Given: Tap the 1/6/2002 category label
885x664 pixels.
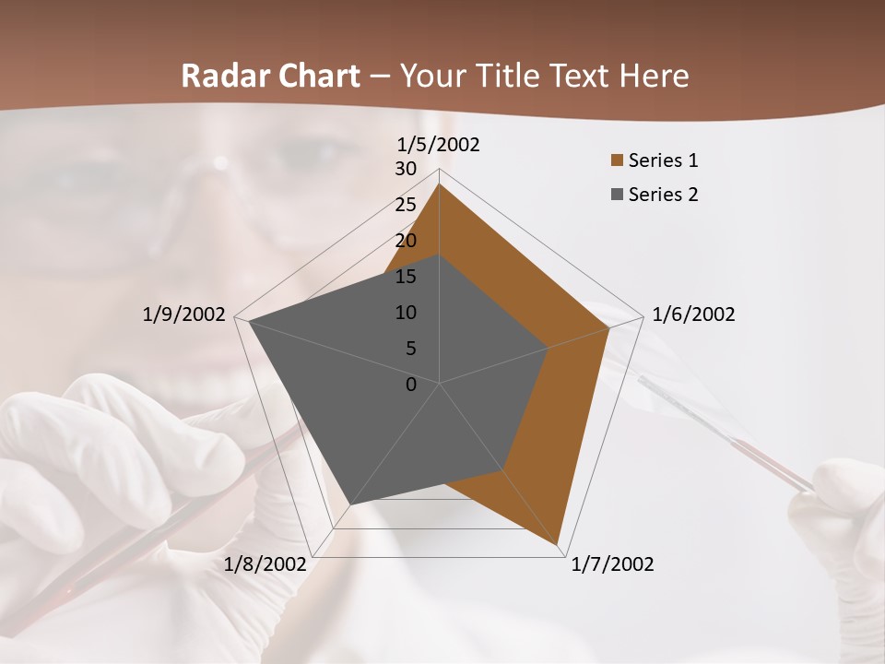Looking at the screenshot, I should (693, 314).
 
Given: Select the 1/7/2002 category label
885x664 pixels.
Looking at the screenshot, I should (612, 564).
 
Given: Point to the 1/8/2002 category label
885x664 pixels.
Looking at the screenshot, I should (265, 564).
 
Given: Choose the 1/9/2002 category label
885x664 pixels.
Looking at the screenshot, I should (184, 314).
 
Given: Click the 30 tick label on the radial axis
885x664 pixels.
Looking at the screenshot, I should (406, 169).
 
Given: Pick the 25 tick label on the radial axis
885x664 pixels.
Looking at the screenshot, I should (406, 205).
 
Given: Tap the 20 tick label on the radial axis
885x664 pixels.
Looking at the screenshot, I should (406, 241).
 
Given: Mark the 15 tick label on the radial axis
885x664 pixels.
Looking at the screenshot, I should (406, 277).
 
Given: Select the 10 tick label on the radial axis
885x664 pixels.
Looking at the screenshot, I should (406, 313).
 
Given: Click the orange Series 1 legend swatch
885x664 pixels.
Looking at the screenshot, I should (617, 160).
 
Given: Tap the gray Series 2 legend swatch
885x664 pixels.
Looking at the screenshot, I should (617, 195).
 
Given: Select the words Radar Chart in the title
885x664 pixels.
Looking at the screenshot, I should (270, 76).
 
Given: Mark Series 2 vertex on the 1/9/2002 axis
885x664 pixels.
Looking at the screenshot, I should (249, 321).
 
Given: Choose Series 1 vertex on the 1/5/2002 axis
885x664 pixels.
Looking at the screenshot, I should (440, 184).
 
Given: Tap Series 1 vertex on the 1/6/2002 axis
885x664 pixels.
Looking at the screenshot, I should (609, 327).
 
